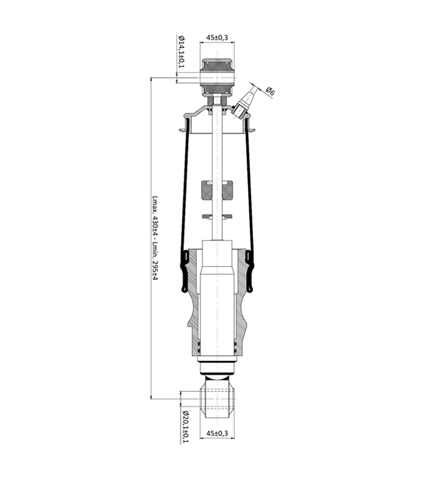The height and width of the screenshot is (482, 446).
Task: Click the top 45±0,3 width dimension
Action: [217, 38]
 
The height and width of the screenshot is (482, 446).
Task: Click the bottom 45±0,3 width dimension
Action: [217, 433]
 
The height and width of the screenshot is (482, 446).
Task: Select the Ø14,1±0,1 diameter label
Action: [182, 52]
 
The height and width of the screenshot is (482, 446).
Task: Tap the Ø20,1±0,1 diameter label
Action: [185, 426]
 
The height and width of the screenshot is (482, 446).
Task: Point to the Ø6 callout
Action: [270, 91]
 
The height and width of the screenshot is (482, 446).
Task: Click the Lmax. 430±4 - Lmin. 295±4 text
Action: [156, 239]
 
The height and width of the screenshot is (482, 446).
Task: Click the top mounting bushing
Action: [217, 76]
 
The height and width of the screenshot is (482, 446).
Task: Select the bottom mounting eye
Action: [217, 399]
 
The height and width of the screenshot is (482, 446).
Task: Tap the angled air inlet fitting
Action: [245, 102]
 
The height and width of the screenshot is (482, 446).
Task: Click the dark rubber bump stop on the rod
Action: [217, 190]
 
